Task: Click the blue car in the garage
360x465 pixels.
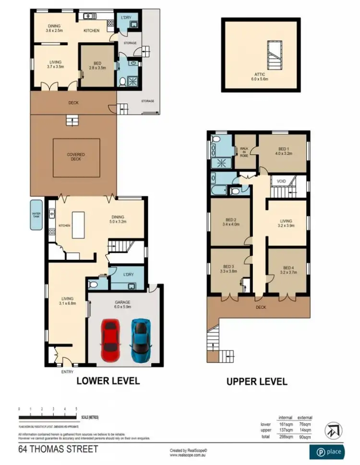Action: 140,340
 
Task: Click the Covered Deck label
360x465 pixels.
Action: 76,157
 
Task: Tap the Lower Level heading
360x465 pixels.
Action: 108,381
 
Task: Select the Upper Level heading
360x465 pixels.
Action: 257,382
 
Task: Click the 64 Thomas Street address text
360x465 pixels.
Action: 58,450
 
